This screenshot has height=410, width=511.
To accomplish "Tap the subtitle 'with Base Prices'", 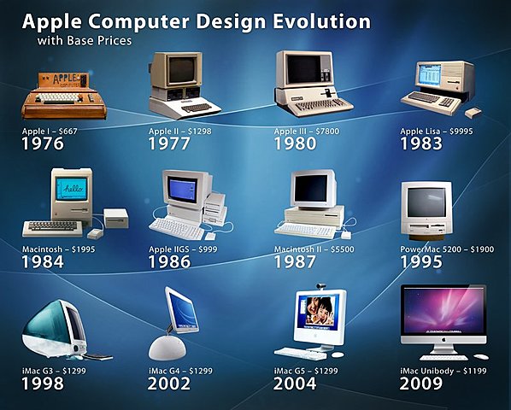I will point(84,40).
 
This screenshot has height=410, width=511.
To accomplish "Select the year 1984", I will point(44,261).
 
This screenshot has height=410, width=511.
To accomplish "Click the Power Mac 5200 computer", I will point(425,210).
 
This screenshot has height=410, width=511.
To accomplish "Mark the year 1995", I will point(421,261).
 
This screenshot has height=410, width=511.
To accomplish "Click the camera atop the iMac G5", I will point(323,286).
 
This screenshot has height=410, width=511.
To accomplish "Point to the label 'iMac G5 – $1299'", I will point(307,371).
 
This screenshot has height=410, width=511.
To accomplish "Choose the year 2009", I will point(421,384).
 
